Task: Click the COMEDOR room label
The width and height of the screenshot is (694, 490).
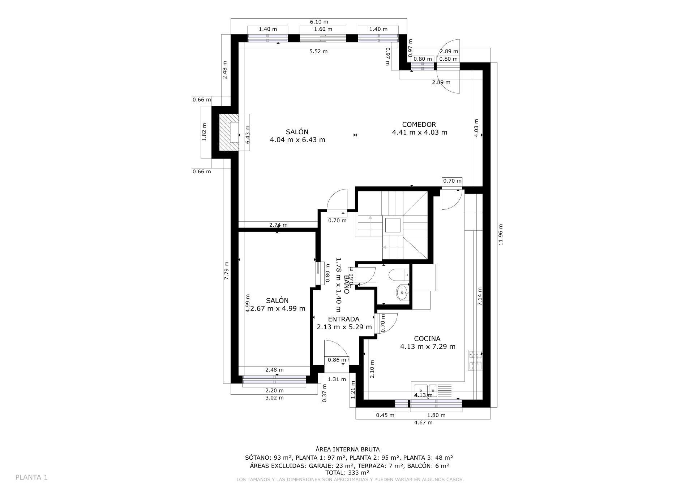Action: tap(419, 125)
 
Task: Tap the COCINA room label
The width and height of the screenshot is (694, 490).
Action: tap(427, 339)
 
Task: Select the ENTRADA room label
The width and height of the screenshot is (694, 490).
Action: tap(343, 319)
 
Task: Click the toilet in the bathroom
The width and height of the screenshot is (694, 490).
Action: tap(397, 275)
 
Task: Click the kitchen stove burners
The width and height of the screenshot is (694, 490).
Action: tap(475, 360)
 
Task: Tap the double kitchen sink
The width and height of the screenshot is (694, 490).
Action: tap(425, 390)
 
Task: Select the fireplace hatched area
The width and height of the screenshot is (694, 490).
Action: tap(228, 132)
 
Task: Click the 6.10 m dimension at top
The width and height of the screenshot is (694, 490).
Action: tap(319, 22)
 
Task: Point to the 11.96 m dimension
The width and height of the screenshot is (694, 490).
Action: tap(501, 235)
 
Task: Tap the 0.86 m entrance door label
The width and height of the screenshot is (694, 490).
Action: tap(337, 360)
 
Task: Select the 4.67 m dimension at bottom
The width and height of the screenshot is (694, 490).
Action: tap(423, 422)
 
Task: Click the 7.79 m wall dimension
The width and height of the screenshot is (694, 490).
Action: tap(227, 270)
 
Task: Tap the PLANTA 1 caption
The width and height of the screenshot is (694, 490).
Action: tap(31, 477)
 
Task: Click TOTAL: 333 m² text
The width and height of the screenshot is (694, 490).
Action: tap(347, 472)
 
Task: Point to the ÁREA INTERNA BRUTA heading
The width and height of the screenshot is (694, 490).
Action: tap(347, 450)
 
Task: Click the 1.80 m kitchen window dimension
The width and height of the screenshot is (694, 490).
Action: tap(436, 415)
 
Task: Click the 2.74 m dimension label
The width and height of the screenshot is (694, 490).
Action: tap(278, 225)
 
